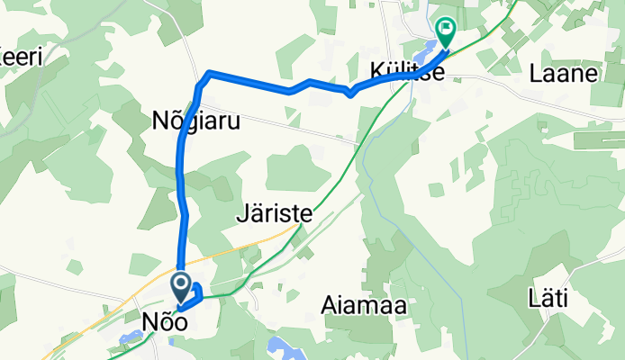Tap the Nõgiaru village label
tap(195, 121)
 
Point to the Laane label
tap(565, 75)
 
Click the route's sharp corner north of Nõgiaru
tap(209, 72)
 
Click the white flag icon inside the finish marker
tap(445, 28)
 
